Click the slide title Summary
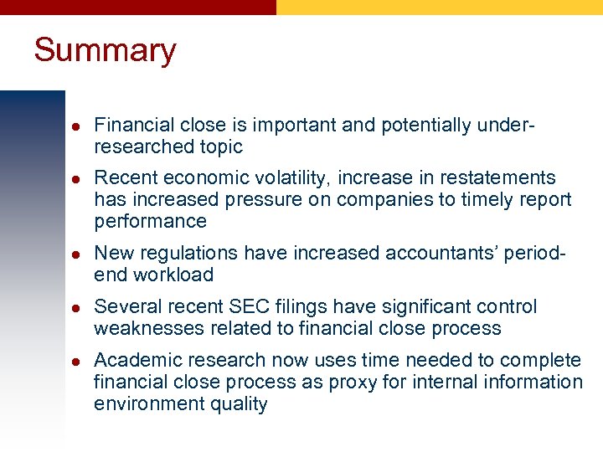(x=105, y=50)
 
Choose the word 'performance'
(x=150, y=221)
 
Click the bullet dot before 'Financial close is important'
(x=73, y=126)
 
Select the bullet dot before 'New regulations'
(x=73, y=254)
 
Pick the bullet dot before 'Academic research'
(x=73, y=361)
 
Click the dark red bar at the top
(x=138, y=7)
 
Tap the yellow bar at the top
(x=440, y=7)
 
